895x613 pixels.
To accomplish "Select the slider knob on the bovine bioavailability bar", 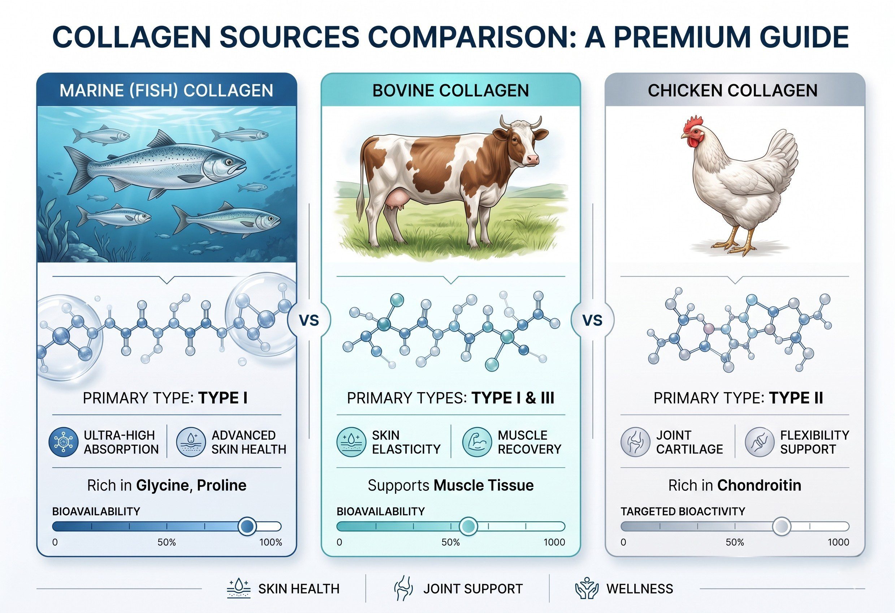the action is pos(468,526).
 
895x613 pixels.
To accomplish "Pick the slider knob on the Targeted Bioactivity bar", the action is pos(782,526).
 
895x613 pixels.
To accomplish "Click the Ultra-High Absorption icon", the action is pos(64,442).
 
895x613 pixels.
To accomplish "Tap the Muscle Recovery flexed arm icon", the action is pos(477,442).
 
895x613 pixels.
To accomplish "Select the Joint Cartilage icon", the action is pos(635,442).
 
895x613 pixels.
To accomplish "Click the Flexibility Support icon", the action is pos(760,442).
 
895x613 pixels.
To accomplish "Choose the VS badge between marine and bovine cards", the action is pos(309,321).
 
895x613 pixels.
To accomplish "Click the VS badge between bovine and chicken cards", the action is pos(592,321).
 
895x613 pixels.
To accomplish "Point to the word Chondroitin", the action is pos(759,485).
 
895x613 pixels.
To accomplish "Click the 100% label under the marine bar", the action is pos(271,543).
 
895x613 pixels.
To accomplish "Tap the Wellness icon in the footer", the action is pos(587,588).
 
